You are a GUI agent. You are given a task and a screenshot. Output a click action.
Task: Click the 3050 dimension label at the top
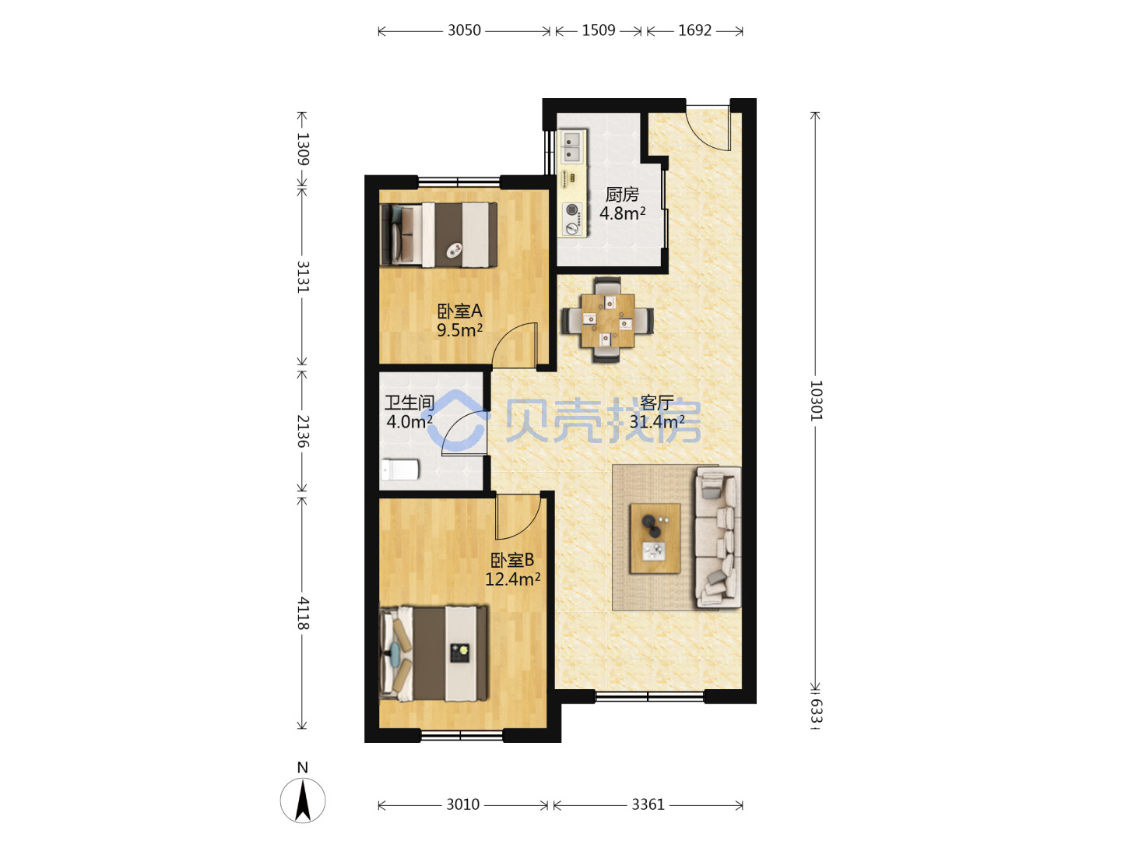(464, 30)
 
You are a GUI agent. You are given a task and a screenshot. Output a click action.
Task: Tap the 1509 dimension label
(599, 30)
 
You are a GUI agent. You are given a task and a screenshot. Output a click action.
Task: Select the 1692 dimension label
(694, 30)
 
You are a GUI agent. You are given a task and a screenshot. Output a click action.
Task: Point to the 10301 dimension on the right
(816, 400)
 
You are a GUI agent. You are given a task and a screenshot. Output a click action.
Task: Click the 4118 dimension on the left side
(303, 614)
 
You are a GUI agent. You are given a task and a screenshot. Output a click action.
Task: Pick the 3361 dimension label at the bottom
(648, 805)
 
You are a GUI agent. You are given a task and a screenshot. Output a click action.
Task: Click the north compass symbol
(303, 800)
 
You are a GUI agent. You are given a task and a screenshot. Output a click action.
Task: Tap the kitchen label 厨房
(622, 194)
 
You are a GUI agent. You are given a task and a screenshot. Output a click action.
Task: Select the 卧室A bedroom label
(459, 311)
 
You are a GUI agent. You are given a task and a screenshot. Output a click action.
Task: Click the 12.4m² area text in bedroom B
(512, 579)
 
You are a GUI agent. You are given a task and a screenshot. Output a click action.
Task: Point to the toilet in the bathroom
(400, 470)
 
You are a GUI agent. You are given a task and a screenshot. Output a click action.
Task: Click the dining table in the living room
(607, 320)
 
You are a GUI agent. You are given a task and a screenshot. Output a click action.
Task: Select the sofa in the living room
(718, 537)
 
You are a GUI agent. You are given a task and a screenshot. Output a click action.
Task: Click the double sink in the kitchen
(572, 146)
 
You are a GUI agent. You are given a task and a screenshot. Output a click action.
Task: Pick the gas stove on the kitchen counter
(573, 220)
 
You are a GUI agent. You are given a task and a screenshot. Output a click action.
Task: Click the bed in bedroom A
(439, 234)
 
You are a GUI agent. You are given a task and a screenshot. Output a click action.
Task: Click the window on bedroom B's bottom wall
(461, 736)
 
